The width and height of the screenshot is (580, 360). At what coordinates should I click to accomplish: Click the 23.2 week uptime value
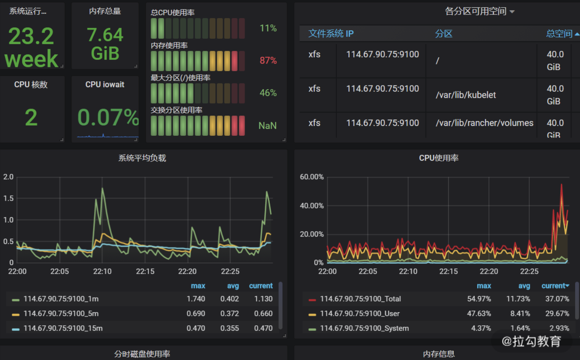pyautogui.click(x=31, y=47)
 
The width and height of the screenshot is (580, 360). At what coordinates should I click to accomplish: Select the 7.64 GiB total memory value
pyautogui.click(x=105, y=44)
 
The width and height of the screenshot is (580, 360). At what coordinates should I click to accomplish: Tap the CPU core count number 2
pyautogui.click(x=31, y=118)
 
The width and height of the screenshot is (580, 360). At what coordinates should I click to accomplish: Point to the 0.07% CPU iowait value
pyautogui.click(x=108, y=118)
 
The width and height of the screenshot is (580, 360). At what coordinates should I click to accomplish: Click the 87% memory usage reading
pyautogui.click(x=268, y=61)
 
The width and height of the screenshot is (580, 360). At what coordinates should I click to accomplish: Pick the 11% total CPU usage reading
pyautogui.click(x=268, y=28)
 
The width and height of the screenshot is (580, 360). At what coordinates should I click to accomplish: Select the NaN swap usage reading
pyautogui.click(x=267, y=126)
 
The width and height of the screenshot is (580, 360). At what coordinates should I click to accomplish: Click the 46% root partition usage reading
pyautogui.click(x=268, y=93)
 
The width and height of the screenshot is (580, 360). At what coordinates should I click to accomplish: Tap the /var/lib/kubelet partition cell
pyautogui.click(x=466, y=95)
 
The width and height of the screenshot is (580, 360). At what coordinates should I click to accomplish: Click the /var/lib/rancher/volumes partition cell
pyautogui.click(x=484, y=123)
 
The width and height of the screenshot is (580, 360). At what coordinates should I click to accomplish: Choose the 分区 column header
pyautogui.click(x=443, y=34)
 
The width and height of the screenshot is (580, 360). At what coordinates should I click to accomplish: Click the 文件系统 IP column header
pyautogui.click(x=331, y=34)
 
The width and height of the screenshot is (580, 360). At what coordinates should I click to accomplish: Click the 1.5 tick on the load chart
pyautogui.click(x=9, y=199)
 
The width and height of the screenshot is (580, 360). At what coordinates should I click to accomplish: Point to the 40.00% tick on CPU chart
pyautogui.click(x=311, y=206)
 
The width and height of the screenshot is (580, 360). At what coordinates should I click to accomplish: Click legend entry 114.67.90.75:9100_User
pyautogui.click(x=360, y=314)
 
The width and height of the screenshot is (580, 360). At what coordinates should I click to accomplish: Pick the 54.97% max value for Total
pyautogui.click(x=479, y=299)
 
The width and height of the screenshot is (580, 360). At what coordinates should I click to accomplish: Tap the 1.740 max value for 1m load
pyautogui.click(x=196, y=299)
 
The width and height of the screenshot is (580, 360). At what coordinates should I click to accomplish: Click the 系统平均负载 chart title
pyautogui.click(x=142, y=158)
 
